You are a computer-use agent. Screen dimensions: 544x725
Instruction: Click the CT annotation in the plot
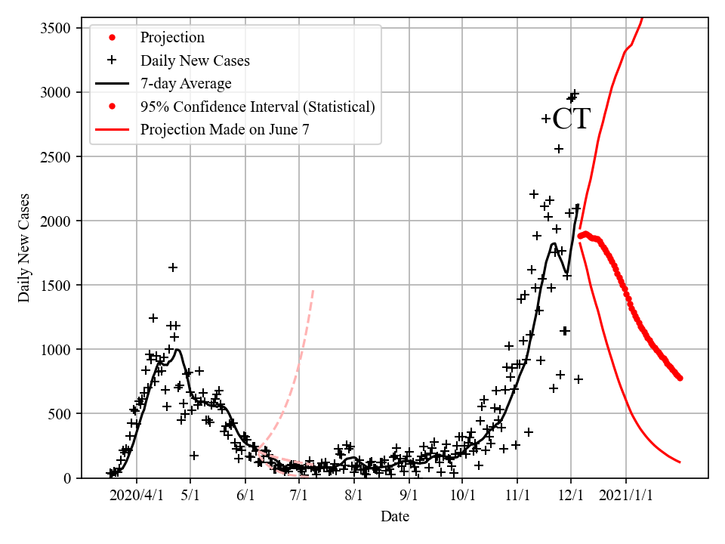coord(571,119)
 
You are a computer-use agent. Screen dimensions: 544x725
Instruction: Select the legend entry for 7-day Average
coord(185,84)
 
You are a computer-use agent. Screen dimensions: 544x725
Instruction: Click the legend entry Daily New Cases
coord(194,60)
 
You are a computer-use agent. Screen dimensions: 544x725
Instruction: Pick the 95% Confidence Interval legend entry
coord(257,107)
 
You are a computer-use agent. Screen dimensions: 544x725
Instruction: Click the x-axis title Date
coord(395,517)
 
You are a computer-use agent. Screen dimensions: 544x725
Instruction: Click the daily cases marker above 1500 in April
coord(173,267)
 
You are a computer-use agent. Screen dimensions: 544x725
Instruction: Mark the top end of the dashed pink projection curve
coord(313,290)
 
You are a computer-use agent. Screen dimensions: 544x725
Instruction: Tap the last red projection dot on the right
coord(680,378)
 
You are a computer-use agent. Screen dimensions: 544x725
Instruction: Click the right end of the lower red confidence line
coord(680,462)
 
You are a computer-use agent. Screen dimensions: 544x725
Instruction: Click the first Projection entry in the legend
coord(171,37)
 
